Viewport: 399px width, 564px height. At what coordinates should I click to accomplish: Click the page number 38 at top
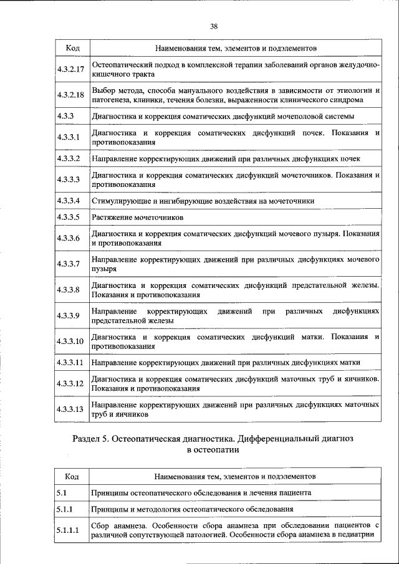pyautogui.click(x=214, y=26)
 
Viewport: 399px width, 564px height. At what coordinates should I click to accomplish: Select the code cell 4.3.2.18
pyautogui.click(x=70, y=95)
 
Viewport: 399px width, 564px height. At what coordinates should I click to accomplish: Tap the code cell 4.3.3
pyautogui.click(x=65, y=116)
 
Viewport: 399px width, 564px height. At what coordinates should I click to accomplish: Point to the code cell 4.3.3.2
pyautogui.click(x=69, y=158)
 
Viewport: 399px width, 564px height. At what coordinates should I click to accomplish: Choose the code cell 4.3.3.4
pyautogui.click(x=69, y=201)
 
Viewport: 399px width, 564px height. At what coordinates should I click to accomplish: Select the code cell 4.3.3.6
pyautogui.click(x=69, y=239)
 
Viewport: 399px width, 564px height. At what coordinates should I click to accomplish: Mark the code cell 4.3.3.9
pyautogui.click(x=69, y=315)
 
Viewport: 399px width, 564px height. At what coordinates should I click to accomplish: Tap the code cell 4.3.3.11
pyautogui.click(x=70, y=362)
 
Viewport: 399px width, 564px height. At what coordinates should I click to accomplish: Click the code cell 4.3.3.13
pyautogui.click(x=70, y=409)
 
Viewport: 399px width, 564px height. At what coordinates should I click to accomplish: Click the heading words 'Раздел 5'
pyautogui.click(x=91, y=439)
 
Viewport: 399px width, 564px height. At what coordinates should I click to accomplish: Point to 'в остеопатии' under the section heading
pyautogui.click(x=213, y=449)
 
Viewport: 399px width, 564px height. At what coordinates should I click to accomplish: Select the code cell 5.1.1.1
pyautogui.click(x=69, y=531)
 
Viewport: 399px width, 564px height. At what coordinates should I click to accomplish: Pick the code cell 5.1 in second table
pyautogui.click(x=61, y=492)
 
